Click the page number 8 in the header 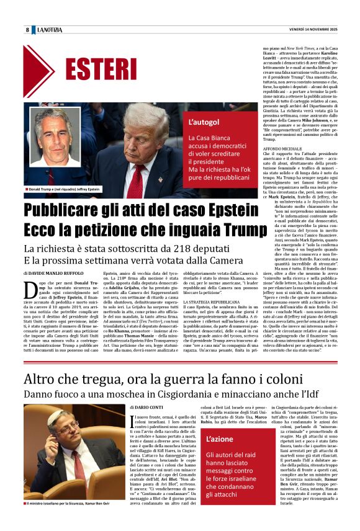(x=27, y=30)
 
